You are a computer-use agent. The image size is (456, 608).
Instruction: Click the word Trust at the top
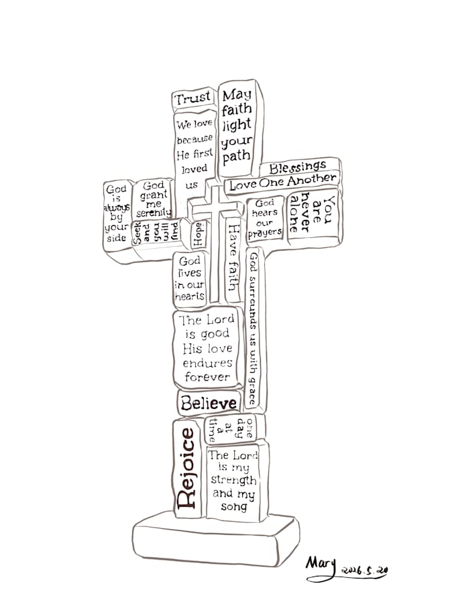[192, 98]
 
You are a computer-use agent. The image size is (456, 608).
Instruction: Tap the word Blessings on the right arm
[298, 167]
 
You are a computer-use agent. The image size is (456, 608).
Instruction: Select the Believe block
[209, 402]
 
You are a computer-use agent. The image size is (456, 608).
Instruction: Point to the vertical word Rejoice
[187, 469]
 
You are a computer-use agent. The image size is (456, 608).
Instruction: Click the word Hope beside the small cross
[198, 234]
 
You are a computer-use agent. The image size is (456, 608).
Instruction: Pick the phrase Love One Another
[283, 182]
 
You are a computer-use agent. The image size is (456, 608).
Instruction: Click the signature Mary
[321, 565]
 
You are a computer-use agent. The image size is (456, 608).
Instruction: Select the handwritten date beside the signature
[365, 570]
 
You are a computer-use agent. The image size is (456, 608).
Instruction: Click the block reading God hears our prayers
[266, 218]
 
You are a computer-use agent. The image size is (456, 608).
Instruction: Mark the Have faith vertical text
[233, 257]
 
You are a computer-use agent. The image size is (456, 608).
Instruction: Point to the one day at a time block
[232, 430]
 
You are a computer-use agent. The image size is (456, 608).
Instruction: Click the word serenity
[154, 212]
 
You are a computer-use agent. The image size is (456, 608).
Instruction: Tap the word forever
[207, 377]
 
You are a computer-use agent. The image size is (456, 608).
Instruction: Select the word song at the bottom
[234, 506]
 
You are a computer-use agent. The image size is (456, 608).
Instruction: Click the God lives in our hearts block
[190, 278]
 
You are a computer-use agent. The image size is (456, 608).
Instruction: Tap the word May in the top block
[237, 95]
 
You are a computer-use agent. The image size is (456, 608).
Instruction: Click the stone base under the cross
[215, 539]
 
